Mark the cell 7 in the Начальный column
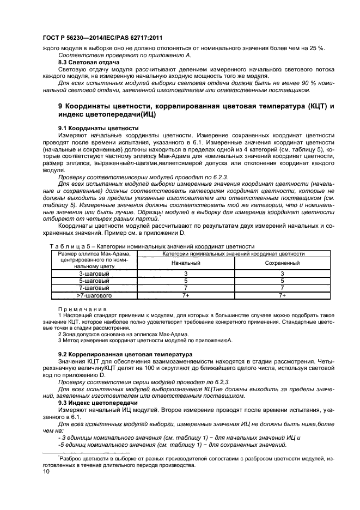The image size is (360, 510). pos(186,288)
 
